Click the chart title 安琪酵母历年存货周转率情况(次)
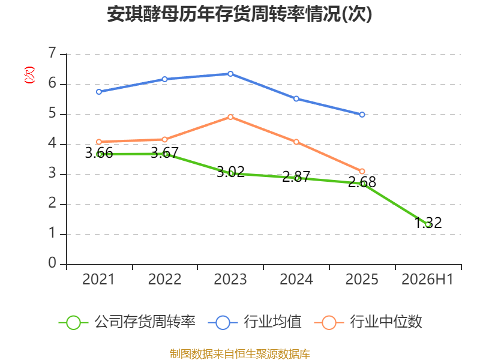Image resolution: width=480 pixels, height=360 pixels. click(239, 14)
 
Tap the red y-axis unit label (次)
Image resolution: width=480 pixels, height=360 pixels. click(29, 75)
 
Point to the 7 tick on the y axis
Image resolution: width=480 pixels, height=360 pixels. click(53, 53)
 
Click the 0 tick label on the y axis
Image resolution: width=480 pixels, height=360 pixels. click(52, 263)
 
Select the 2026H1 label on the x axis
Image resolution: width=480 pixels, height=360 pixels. click(427, 279)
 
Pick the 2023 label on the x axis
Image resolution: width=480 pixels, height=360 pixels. click(230, 279)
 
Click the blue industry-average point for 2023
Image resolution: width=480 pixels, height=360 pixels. click(230, 74)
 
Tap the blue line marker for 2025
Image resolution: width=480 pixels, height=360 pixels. click(362, 115)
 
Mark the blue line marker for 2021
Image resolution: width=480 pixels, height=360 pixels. click(99, 92)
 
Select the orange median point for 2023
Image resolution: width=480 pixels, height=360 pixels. click(230, 117)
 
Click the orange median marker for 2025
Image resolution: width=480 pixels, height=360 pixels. click(362, 171)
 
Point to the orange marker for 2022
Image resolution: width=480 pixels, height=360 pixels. click(164, 140)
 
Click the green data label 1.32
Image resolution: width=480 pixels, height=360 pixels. click(428, 223)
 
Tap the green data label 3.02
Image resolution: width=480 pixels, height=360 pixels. click(230, 172)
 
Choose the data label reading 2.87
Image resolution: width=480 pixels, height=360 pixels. click(296, 176)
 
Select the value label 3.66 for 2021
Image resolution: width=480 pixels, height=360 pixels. click(99, 152)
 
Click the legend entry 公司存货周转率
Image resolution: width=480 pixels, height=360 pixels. click(127, 322)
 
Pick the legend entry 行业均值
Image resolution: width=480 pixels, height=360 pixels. click(254, 322)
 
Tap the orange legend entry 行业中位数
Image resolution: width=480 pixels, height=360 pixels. click(368, 322)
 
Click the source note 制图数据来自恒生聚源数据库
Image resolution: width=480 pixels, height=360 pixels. click(239, 354)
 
